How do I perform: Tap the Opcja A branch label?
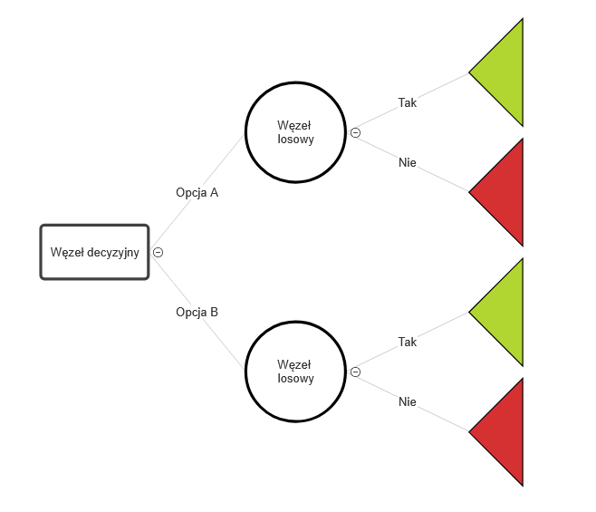point(197,192)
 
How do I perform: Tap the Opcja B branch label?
point(197,313)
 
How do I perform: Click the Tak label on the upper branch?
point(408,102)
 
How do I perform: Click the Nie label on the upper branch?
point(408,162)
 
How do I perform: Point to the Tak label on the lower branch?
point(408,342)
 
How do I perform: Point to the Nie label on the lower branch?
point(408,401)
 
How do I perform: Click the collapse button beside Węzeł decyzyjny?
point(159,252)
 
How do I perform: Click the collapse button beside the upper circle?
point(355,132)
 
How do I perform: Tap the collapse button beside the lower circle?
point(355,372)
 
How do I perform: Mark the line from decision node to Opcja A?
point(170,226)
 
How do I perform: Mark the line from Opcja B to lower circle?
point(225,344)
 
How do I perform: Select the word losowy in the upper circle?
point(295,140)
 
